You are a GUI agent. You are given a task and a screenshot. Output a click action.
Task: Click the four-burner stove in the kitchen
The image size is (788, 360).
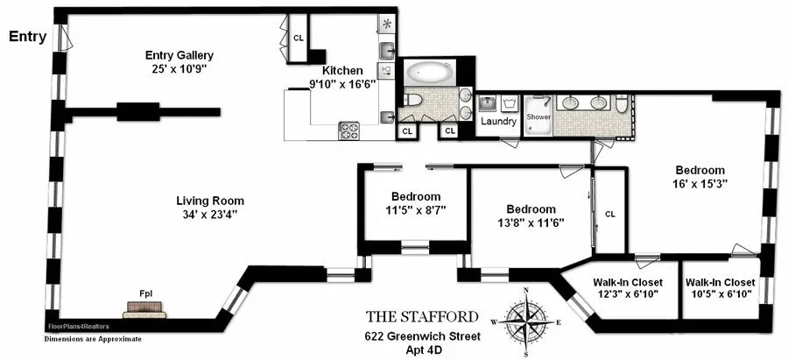click(x=349, y=131)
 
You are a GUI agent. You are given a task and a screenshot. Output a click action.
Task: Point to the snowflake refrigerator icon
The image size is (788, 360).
click(x=387, y=24)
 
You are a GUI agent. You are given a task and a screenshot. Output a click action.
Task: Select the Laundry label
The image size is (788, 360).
click(x=498, y=122)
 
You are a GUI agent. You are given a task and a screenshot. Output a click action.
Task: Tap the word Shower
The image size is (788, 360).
click(x=538, y=116)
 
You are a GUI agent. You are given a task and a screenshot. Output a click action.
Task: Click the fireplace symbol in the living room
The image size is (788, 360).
click(x=144, y=308)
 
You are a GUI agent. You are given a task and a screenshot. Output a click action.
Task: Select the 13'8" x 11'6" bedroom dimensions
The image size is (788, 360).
click(x=531, y=222)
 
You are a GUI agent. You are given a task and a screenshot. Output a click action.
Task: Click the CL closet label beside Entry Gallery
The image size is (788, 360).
click(x=299, y=38)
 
